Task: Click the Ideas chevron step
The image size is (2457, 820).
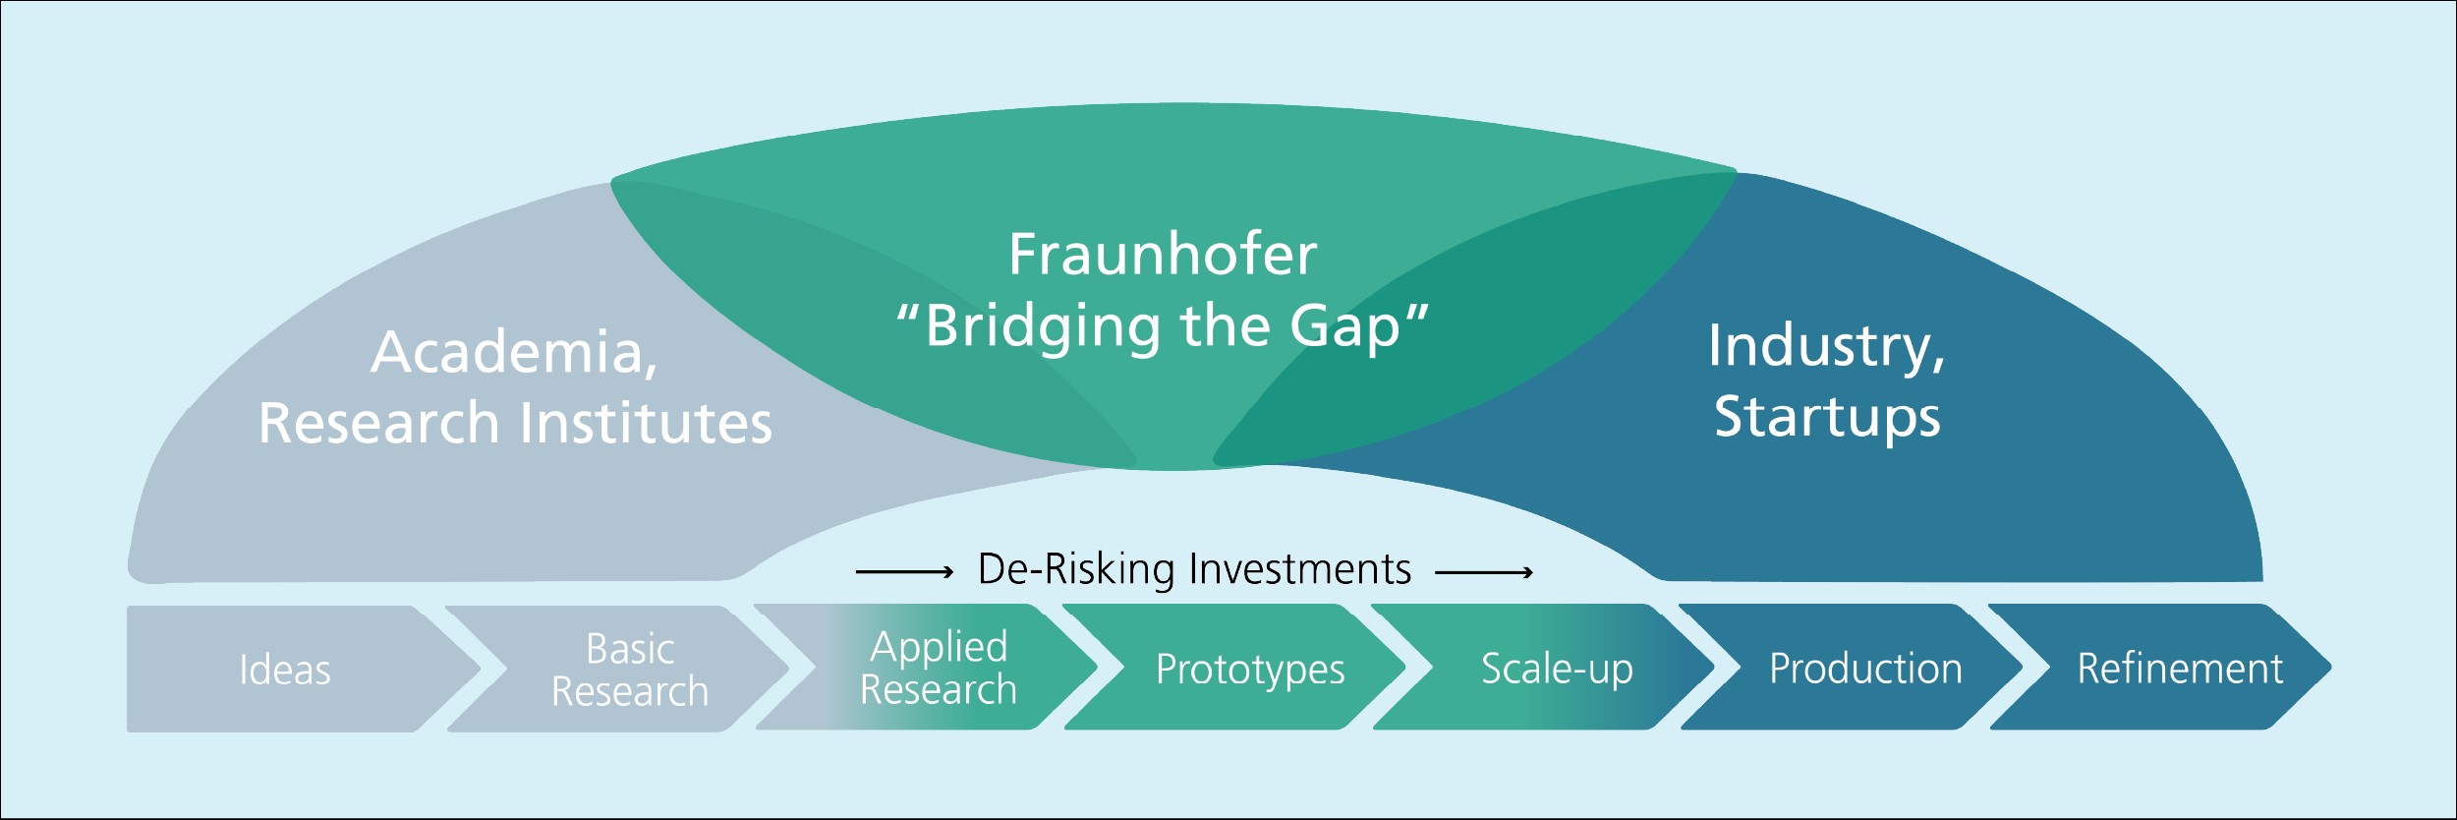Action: pos(285,670)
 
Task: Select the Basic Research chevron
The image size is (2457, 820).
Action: pos(629,670)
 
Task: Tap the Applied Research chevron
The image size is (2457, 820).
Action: pos(938,668)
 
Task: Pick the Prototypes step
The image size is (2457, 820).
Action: pos(1249,669)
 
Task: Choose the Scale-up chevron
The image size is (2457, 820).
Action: pos(1557,669)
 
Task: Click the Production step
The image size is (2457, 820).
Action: pos(1865,669)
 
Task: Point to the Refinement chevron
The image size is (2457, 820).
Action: pos(2179,669)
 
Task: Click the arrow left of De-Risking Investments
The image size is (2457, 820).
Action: pos(904,571)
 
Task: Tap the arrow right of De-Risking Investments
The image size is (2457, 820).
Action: pos(1484,571)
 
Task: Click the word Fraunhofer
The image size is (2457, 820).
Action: pos(1163,255)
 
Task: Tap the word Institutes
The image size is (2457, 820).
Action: pos(646,423)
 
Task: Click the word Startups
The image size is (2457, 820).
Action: pos(1827,417)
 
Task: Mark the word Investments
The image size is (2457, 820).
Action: pos(1300,569)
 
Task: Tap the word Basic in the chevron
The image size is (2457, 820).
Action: pos(630,649)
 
